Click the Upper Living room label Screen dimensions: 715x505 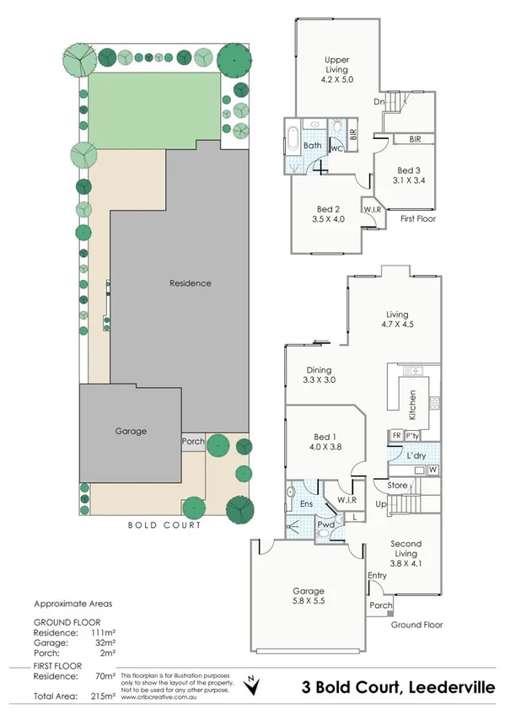(x=337, y=66)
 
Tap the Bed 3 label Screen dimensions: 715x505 (x=407, y=174)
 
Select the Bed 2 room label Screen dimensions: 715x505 (x=328, y=214)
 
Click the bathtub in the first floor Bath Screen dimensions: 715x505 (x=293, y=134)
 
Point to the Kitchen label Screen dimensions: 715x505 (x=412, y=405)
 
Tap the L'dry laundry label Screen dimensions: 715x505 (x=415, y=455)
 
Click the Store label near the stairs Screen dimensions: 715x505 (x=398, y=485)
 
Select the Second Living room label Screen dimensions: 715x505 (x=406, y=549)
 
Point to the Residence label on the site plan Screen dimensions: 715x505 (x=190, y=283)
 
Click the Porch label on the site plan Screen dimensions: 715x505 (x=192, y=441)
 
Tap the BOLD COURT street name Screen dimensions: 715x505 (x=164, y=525)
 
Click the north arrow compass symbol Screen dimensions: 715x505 (x=250, y=685)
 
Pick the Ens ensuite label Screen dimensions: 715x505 (x=307, y=505)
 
